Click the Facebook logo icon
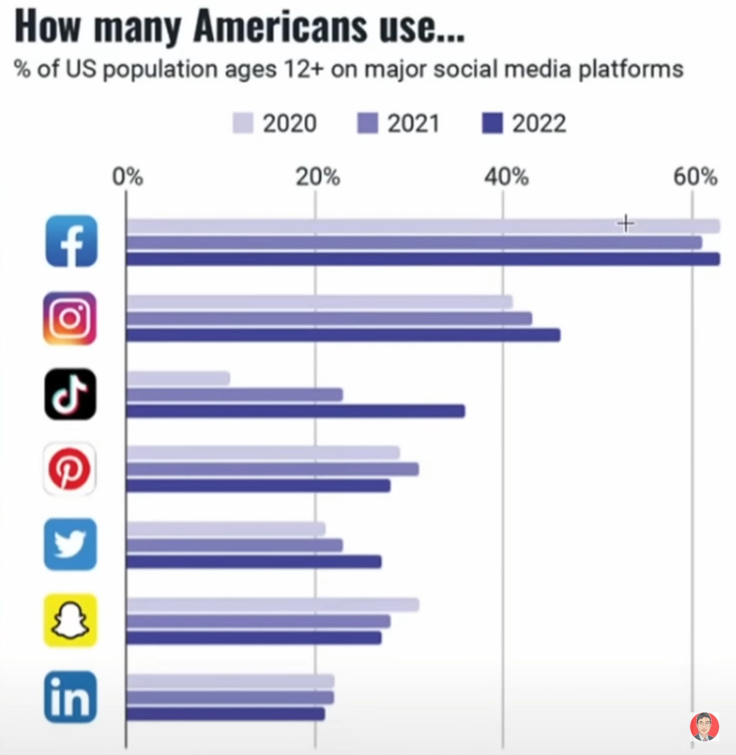click(71, 241)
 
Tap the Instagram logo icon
click(70, 318)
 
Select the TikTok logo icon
click(70, 394)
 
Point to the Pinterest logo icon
click(70, 469)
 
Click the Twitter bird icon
click(70, 544)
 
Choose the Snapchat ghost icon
click(70, 620)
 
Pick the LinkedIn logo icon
click(70, 697)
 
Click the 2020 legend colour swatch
click(243, 123)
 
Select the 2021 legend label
click(414, 123)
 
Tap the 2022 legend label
click(539, 123)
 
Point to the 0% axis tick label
click(127, 177)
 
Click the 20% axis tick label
click(317, 177)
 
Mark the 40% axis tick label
click(506, 177)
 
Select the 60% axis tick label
click(695, 177)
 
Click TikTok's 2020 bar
click(178, 378)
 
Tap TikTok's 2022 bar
click(295, 411)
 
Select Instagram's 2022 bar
click(343, 335)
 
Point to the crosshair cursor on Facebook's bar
click(626, 224)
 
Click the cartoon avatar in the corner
click(704, 727)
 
